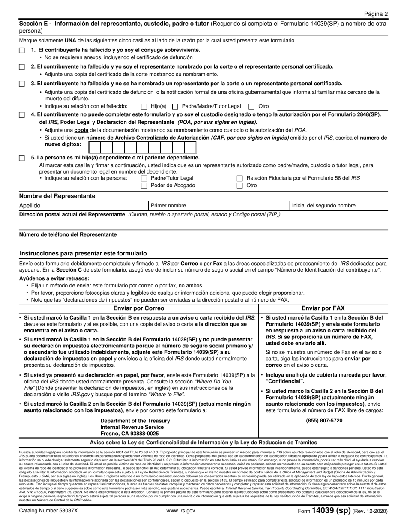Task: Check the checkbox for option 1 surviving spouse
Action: pyautogui.click(x=22, y=50)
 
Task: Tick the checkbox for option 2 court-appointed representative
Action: pyautogui.click(x=22, y=67)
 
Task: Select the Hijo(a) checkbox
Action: pyautogui.click(x=144, y=106)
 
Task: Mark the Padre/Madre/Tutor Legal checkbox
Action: pyautogui.click(x=175, y=106)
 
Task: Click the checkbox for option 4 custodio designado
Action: pyautogui.click(x=22, y=115)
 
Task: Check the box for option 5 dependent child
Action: pyautogui.click(x=22, y=158)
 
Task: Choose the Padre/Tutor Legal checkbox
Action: pyautogui.click(x=144, y=178)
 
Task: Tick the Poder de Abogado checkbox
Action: pyautogui.click(x=144, y=186)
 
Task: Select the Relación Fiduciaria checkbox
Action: pyautogui.click(x=240, y=178)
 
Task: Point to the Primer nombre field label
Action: pyautogui.click(x=168, y=206)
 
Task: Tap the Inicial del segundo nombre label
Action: pyautogui.click(x=323, y=206)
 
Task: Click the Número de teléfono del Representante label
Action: pyautogui.click(x=68, y=234)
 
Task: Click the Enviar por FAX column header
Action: pyautogui.click(x=323, y=308)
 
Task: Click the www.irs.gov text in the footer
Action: pyautogui.click(x=180, y=511)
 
